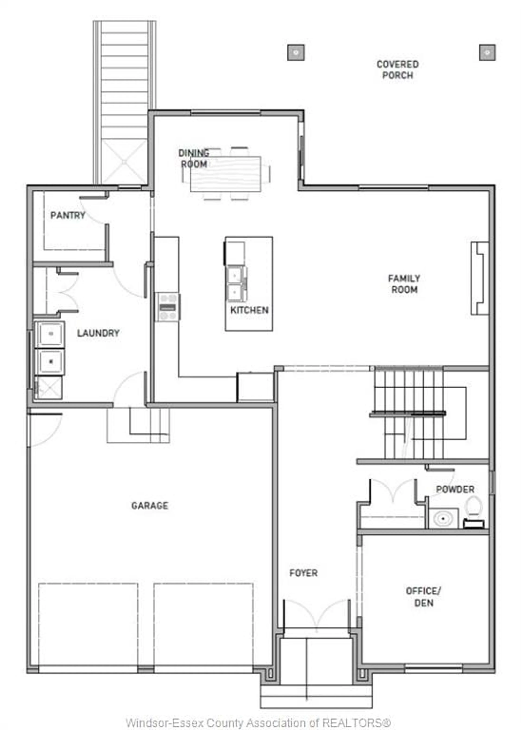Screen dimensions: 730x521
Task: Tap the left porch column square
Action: point(296,52)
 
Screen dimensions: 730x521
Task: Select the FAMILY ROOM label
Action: point(404,284)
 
